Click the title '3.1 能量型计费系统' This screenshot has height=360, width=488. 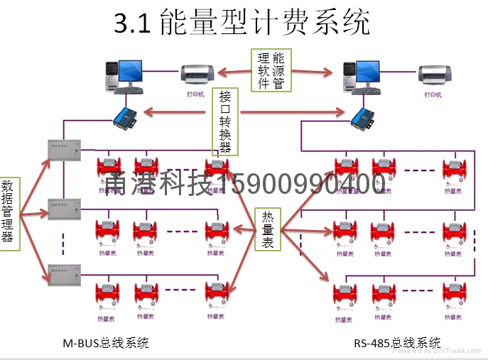(x=242, y=23)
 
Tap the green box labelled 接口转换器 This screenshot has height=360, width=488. (x=225, y=121)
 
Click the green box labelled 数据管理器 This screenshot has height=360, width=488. (x=9, y=212)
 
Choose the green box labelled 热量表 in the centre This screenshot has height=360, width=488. (x=268, y=229)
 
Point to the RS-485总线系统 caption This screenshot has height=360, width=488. (x=397, y=343)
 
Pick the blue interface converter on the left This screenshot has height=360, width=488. (x=126, y=114)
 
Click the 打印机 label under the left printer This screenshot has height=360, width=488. (x=195, y=94)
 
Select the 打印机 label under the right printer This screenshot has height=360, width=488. (x=433, y=94)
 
